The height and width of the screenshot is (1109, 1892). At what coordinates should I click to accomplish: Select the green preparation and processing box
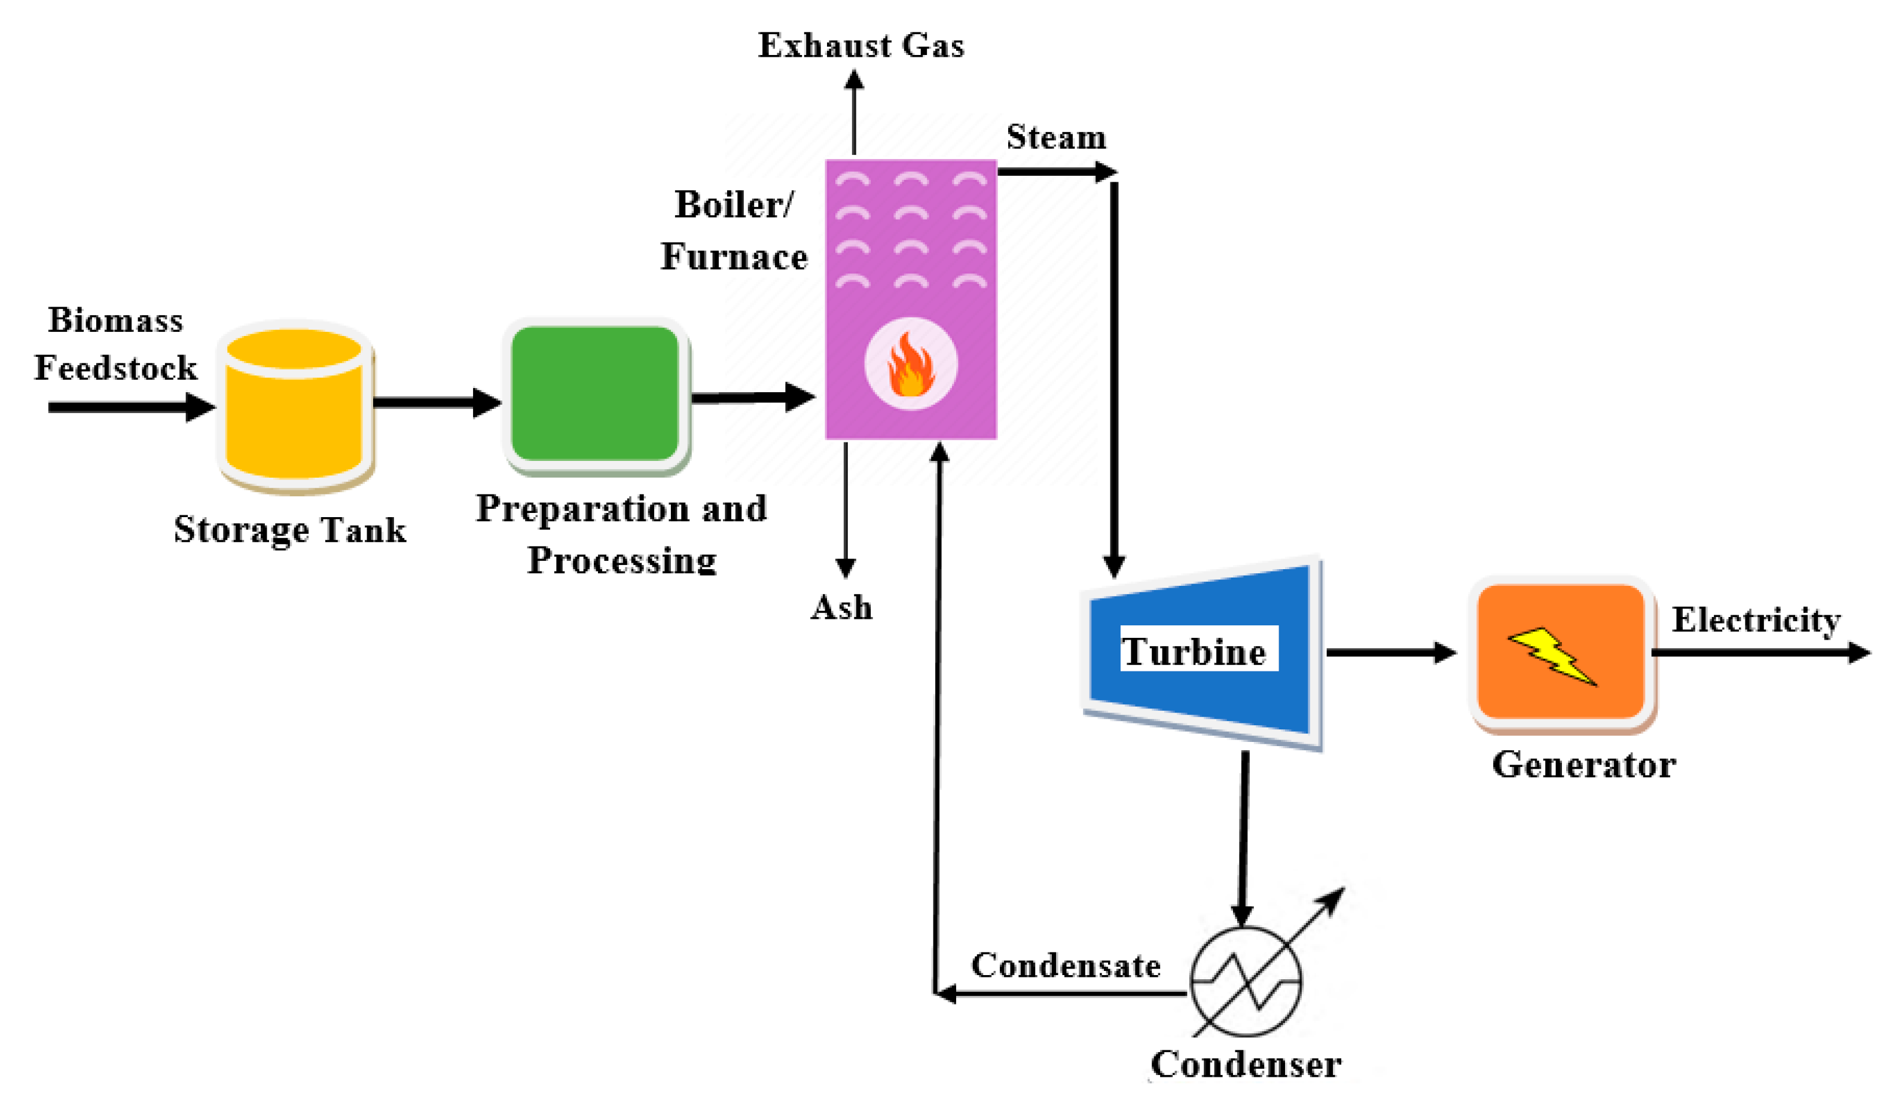pos(594,393)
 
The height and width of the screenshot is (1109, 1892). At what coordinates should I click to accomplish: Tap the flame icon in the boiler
pos(911,364)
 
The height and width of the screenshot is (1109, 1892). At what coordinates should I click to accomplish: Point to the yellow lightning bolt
pos(1552,655)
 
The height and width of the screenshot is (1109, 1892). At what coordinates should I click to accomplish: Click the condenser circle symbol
pos(1246,981)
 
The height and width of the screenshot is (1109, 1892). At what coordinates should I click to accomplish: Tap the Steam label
pos(1057,138)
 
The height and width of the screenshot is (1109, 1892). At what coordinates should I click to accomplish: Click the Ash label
pos(841,607)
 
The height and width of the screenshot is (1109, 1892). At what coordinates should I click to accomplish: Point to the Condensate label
pos(1066,966)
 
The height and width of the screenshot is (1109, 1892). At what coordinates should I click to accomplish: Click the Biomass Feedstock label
pos(115,344)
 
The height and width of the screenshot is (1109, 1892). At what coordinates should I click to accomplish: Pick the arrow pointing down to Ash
pos(846,511)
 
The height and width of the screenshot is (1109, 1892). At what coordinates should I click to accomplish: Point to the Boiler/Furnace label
pos(734,231)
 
